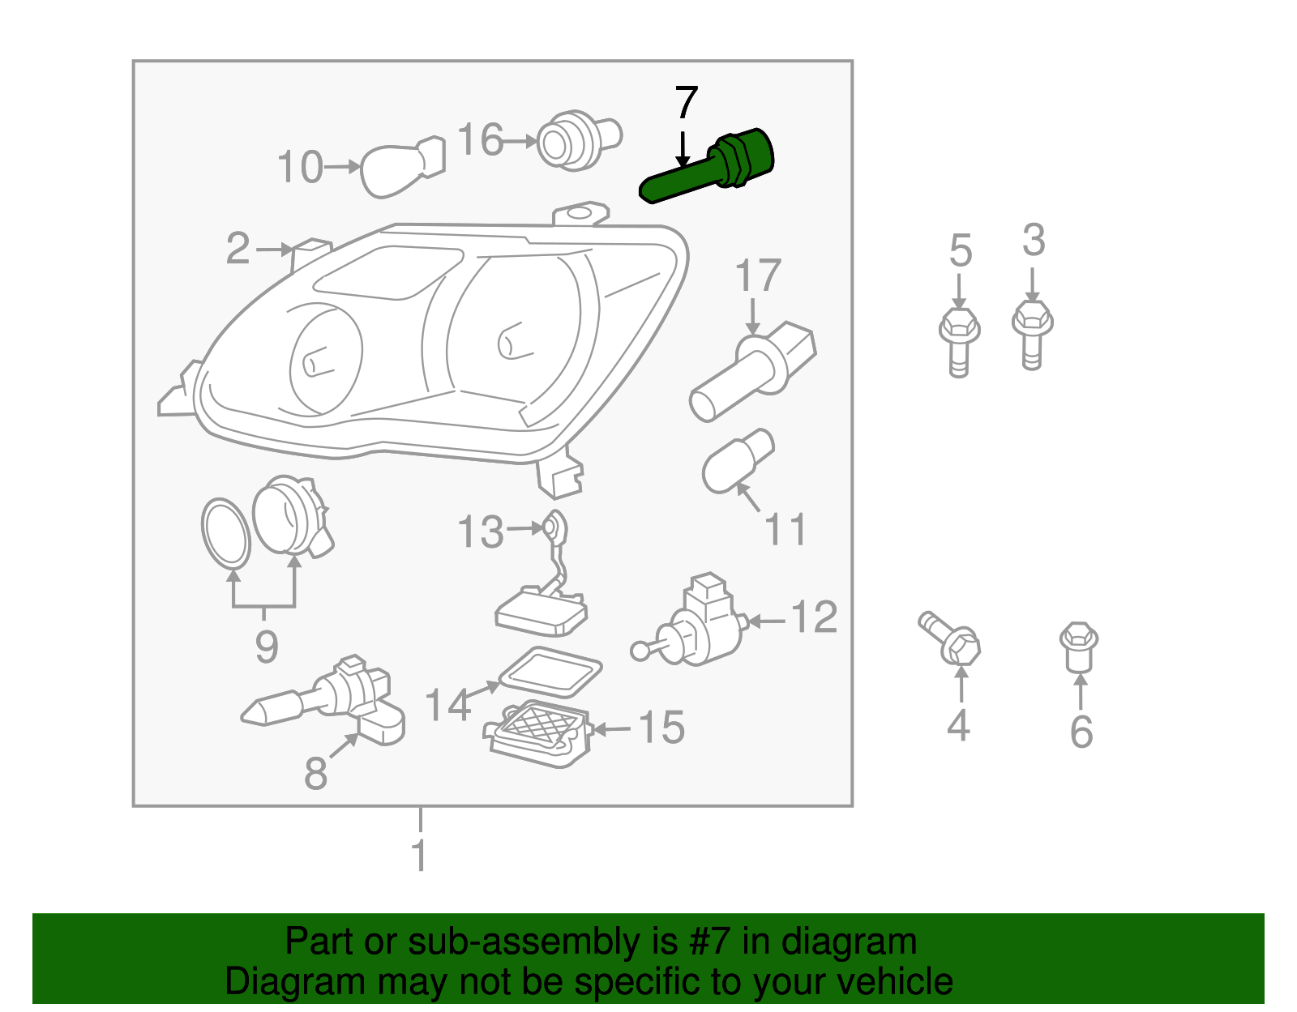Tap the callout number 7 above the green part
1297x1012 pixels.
tap(686, 104)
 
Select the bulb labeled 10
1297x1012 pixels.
tap(401, 169)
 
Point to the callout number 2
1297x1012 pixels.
tap(238, 249)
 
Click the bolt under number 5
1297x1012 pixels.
tap(959, 339)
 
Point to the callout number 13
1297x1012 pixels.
tap(481, 532)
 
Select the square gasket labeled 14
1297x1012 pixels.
tap(550, 672)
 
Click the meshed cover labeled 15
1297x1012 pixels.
tap(538, 730)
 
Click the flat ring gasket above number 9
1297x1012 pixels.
tap(225, 532)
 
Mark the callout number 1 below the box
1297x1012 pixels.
tap(419, 856)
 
